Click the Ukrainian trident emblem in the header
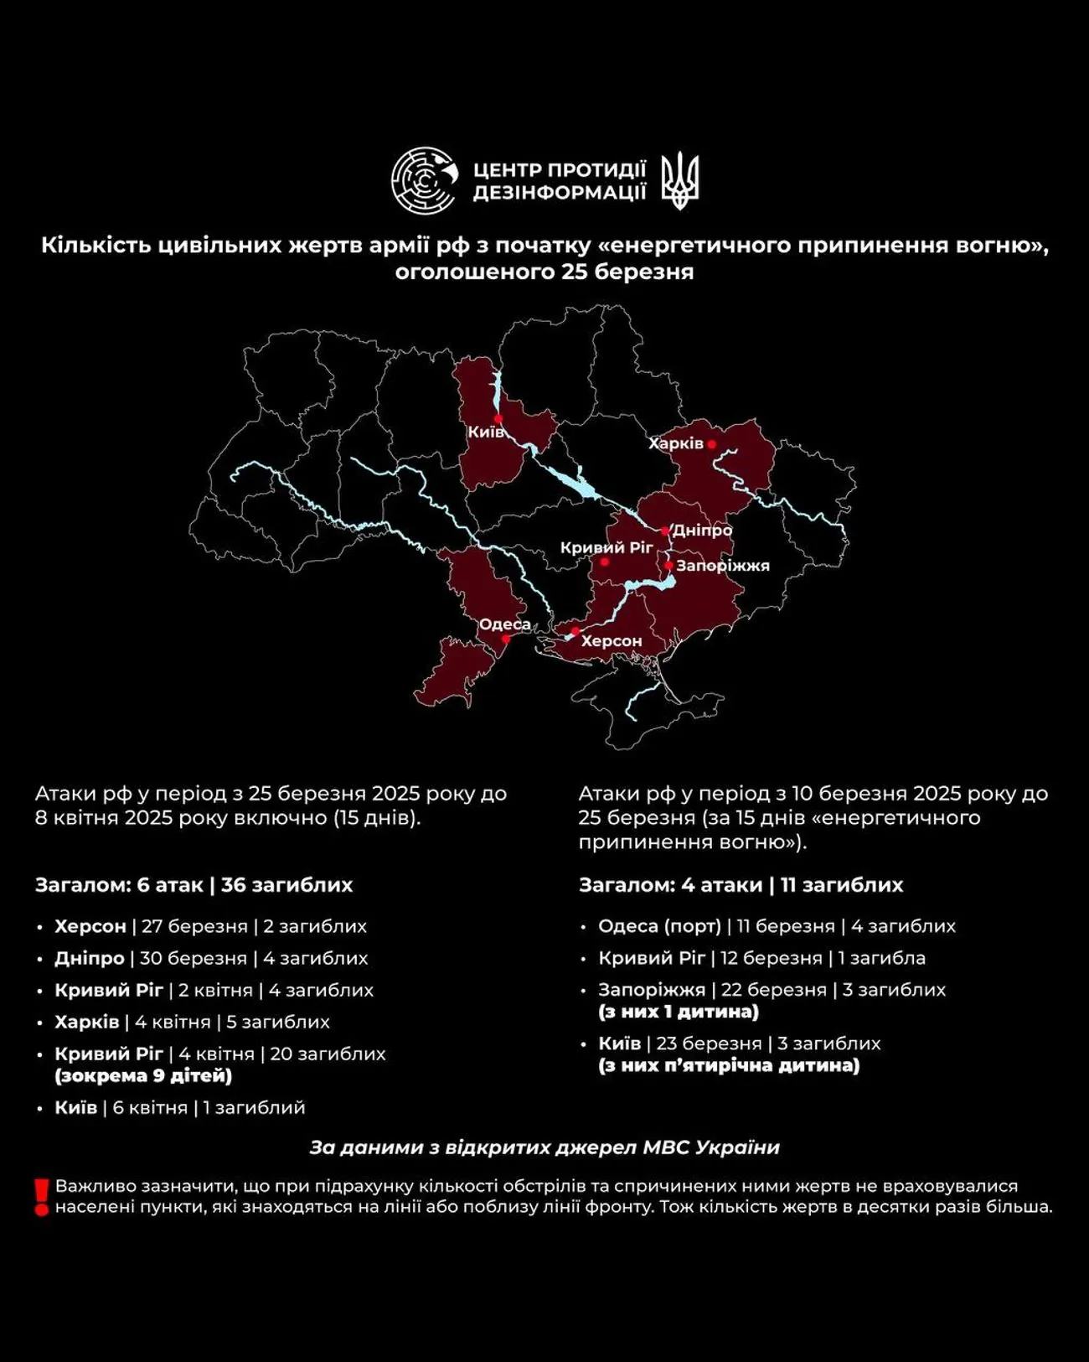tap(679, 180)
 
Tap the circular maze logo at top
tap(425, 180)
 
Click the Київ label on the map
tap(486, 432)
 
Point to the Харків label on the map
tap(676, 443)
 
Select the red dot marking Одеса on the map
tap(506, 639)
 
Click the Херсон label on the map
tap(612, 640)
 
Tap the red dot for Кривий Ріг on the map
tap(604, 562)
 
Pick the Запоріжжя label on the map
tap(723, 566)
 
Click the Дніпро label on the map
tap(702, 531)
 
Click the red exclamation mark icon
tap(41, 1197)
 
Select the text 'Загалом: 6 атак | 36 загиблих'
tap(194, 885)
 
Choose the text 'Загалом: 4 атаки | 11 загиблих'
tap(741, 885)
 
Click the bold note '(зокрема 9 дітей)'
tap(143, 1075)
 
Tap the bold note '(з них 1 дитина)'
tap(678, 1012)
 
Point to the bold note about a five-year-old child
tap(728, 1065)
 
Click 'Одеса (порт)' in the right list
tap(659, 926)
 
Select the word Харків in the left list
tap(87, 1022)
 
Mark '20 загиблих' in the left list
tap(328, 1054)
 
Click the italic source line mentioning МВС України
tap(544, 1147)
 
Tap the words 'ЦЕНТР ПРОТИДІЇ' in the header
tap(560, 169)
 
